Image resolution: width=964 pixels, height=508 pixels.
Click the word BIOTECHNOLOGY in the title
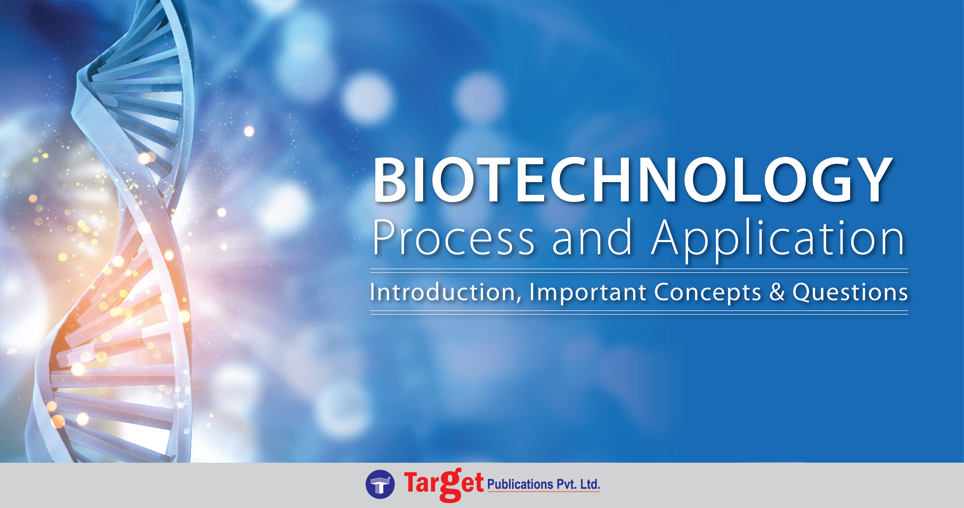pyautogui.click(x=632, y=180)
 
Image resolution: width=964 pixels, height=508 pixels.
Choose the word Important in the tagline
pyautogui.click(x=588, y=292)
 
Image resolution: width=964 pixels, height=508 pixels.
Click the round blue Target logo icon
pyautogui.click(x=380, y=484)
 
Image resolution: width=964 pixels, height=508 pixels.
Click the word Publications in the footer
pyautogui.click(x=520, y=484)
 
